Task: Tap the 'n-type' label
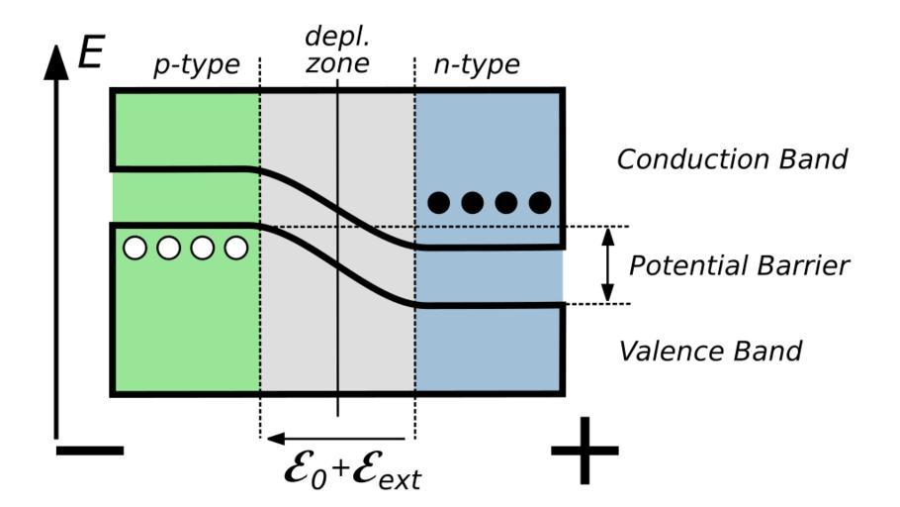[x=478, y=66]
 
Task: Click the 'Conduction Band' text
[x=732, y=158]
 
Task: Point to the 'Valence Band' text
[x=709, y=350]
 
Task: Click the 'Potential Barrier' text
[x=739, y=265]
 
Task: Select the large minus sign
[x=90, y=451]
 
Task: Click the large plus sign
[x=585, y=450]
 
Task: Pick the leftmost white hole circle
[x=135, y=247]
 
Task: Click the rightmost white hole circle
[x=235, y=247]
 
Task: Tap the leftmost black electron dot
[x=439, y=203]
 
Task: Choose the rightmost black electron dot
[x=539, y=203]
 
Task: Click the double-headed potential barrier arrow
[x=608, y=264]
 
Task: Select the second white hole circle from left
[x=169, y=247]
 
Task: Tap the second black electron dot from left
[x=473, y=203]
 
